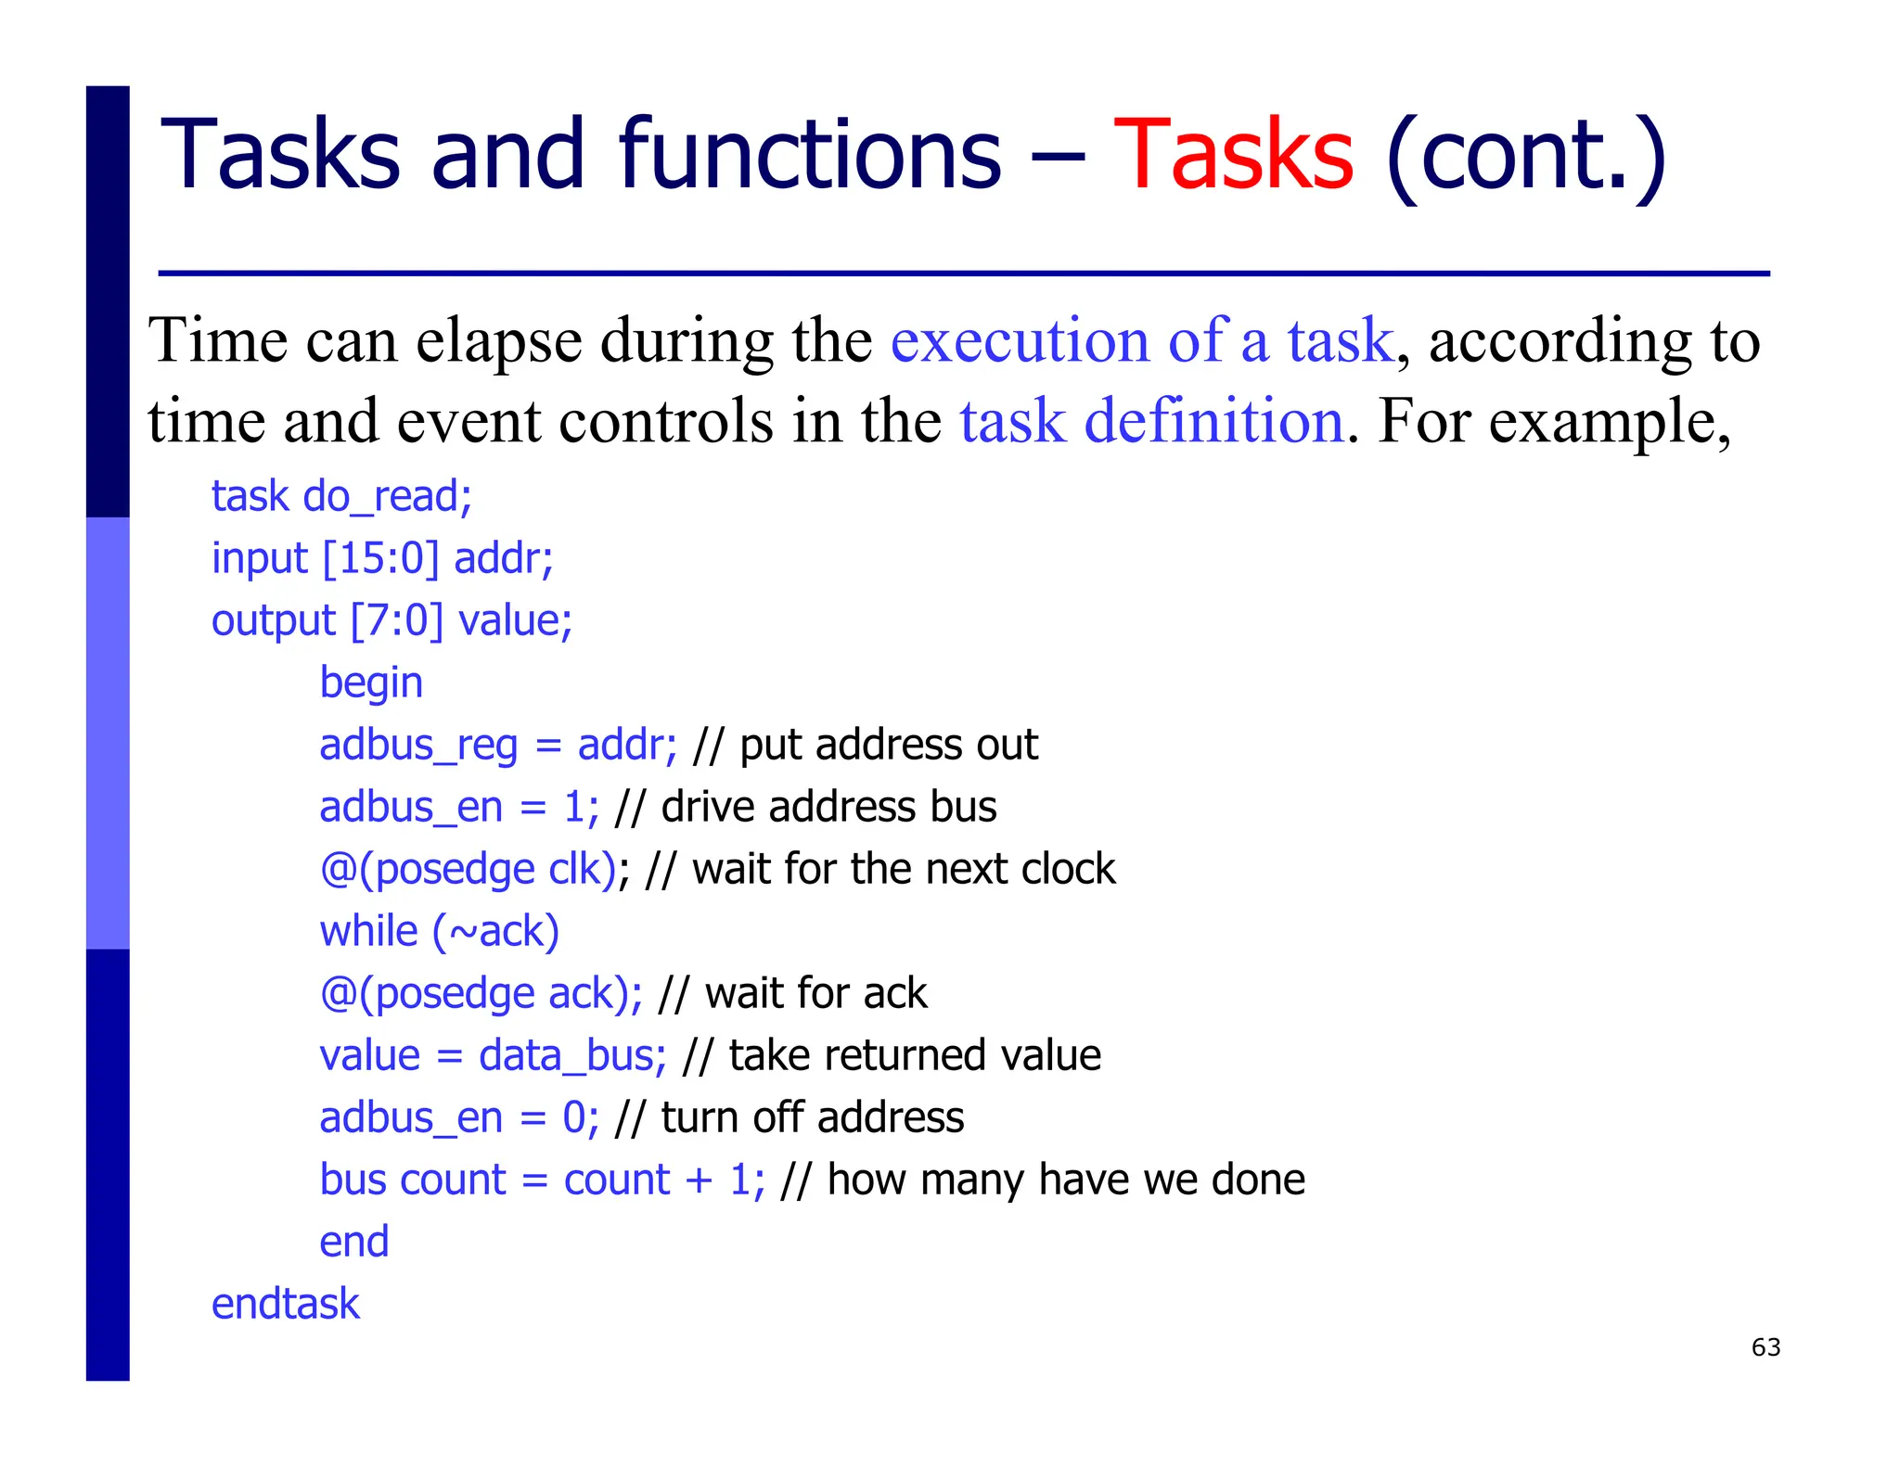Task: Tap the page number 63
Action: (x=1765, y=1347)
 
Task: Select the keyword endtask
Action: (x=285, y=1304)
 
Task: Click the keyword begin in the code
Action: (x=371, y=683)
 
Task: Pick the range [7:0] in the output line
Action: (x=396, y=620)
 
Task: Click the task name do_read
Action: (x=387, y=496)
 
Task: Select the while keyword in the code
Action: (x=368, y=931)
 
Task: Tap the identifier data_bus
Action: (x=571, y=1055)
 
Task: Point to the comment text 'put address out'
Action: (x=889, y=745)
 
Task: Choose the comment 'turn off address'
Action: (x=812, y=1117)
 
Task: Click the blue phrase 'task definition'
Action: (x=1151, y=420)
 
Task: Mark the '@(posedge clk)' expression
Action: (x=469, y=869)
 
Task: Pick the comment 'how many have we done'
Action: (x=1066, y=1180)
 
